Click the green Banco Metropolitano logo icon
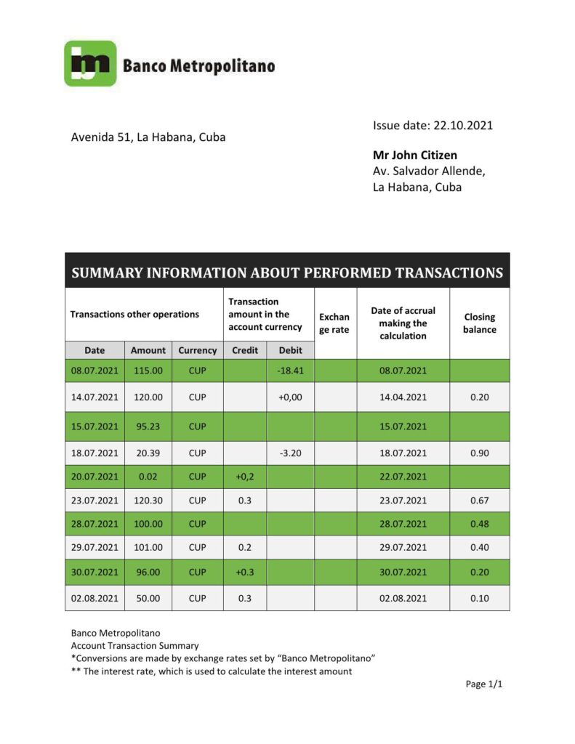[90, 64]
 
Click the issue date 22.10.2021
[463, 125]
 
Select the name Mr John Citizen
[415, 155]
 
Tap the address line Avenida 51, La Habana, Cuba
[148, 137]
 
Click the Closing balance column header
[479, 323]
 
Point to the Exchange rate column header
[334, 323]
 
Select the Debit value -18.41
[290, 371]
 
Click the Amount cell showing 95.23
[148, 426]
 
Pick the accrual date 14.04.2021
[403, 397]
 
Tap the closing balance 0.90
[479, 453]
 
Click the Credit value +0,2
[244, 477]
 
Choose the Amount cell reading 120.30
[148, 501]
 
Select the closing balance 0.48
[479, 524]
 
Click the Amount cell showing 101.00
[148, 548]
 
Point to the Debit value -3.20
[290, 453]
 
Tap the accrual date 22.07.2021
[403, 477]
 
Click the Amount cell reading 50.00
[148, 598]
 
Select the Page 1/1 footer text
[484, 684]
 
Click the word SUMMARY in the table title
[107, 273]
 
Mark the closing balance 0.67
[479, 501]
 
